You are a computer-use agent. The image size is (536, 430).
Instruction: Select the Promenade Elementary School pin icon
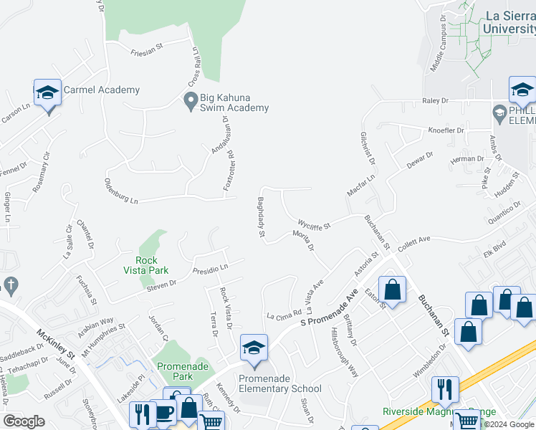(253, 348)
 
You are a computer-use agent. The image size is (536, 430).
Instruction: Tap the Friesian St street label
(148, 52)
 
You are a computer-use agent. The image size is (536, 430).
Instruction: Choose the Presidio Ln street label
(210, 268)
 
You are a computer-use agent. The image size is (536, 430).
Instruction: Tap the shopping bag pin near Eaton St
(392, 290)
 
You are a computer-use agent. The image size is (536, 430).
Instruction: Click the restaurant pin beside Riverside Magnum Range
(445, 390)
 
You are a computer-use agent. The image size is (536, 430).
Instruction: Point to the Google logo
(24, 421)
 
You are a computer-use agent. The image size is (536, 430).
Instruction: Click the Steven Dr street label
(161, 285)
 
